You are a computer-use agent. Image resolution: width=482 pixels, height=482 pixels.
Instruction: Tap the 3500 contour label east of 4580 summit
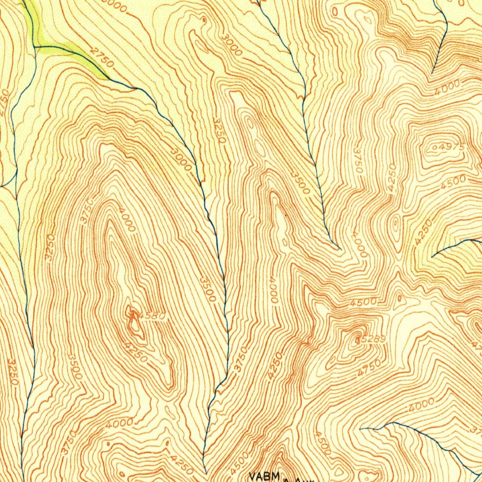(x=208, y=289)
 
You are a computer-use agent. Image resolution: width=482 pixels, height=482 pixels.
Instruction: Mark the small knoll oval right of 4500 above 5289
(x=399, y=297)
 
